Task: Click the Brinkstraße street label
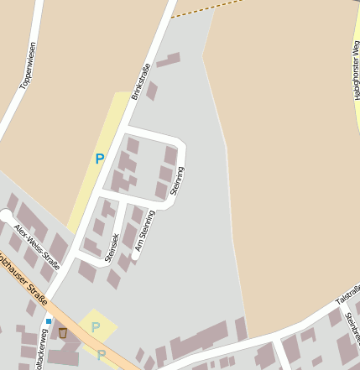[140, 82]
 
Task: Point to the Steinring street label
[177, 180]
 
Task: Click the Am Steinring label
[145, 230]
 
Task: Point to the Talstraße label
[347, 296]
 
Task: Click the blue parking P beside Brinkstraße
[100, 159]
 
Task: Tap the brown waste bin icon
[62, 333]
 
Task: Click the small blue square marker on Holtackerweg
[49, 320]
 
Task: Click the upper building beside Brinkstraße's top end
[168, 60]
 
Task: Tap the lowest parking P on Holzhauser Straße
[102, 355]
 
